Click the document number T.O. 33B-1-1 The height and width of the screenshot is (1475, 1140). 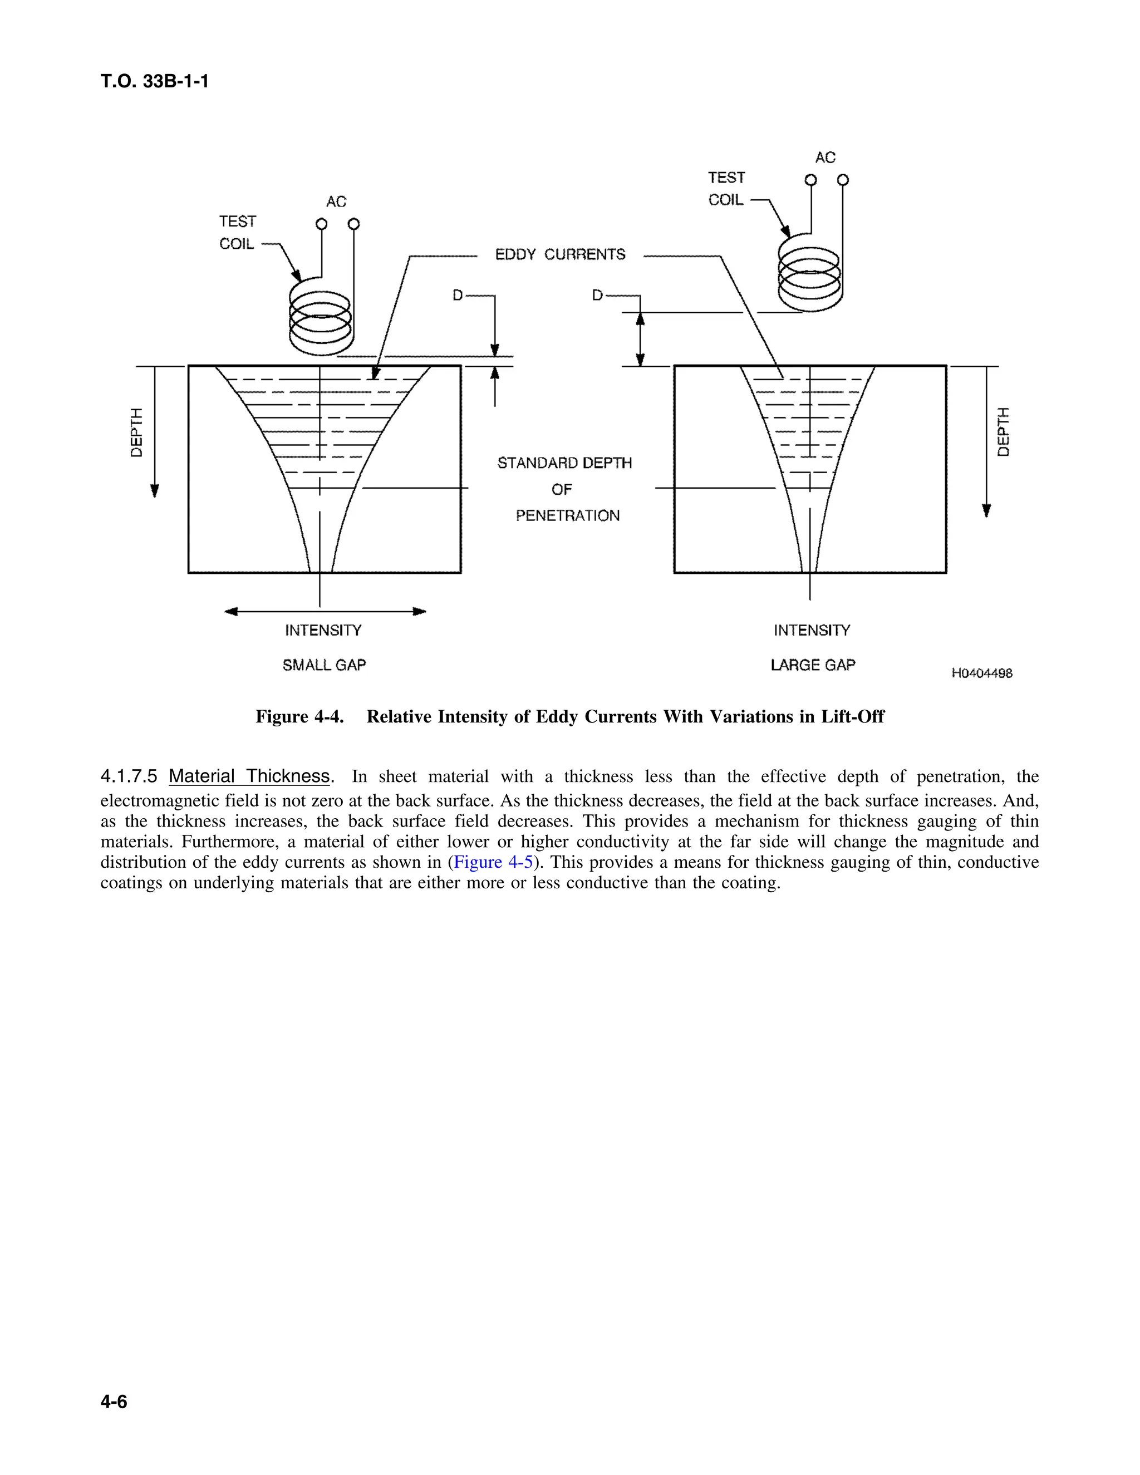click(x=155, y=82)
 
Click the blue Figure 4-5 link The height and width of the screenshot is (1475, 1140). click(x=493, y=862)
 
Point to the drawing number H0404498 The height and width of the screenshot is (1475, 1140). click(x=981, y=673)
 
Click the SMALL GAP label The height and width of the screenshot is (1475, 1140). click(x=324, y=665)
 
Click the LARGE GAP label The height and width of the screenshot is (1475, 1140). click(x=813, y=665)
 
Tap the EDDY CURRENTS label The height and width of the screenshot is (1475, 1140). click(x=560, y=254)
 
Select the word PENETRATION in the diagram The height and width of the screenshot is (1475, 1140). click(x=567, y=516)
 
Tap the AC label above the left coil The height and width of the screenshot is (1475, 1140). click(x=336, y=202)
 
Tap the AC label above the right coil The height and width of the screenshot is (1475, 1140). click(x=825, y=158)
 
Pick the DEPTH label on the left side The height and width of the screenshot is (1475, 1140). click(x=137, y=432)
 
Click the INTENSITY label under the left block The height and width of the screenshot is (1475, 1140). click(x=323, y=631)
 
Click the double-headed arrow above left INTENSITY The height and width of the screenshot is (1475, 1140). click(x=325, y=612)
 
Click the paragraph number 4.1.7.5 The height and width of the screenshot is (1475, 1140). click(x=129, y=776)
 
